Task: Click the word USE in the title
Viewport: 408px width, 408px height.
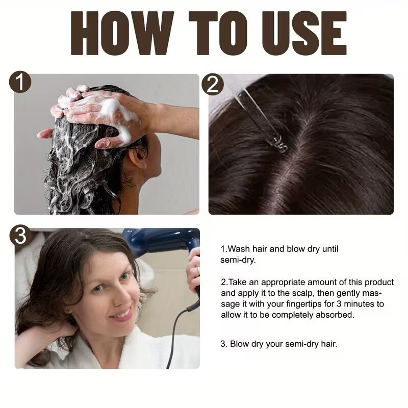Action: [x=307, y=33]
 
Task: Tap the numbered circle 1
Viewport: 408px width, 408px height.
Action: [x=20, y=82]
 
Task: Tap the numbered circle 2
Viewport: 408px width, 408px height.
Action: [x=213, y=84]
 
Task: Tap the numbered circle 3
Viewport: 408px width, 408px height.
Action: [x=20, y=236]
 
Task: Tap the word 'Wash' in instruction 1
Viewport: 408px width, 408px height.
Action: [x=239, y=249]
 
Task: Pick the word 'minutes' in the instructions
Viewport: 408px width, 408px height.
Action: [x=359, y=304]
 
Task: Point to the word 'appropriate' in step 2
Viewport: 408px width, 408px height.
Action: [x=283, y=283]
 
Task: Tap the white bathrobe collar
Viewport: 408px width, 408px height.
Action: [x=122, y=349]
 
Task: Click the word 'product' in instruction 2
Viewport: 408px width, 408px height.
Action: [x=379, y=283]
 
